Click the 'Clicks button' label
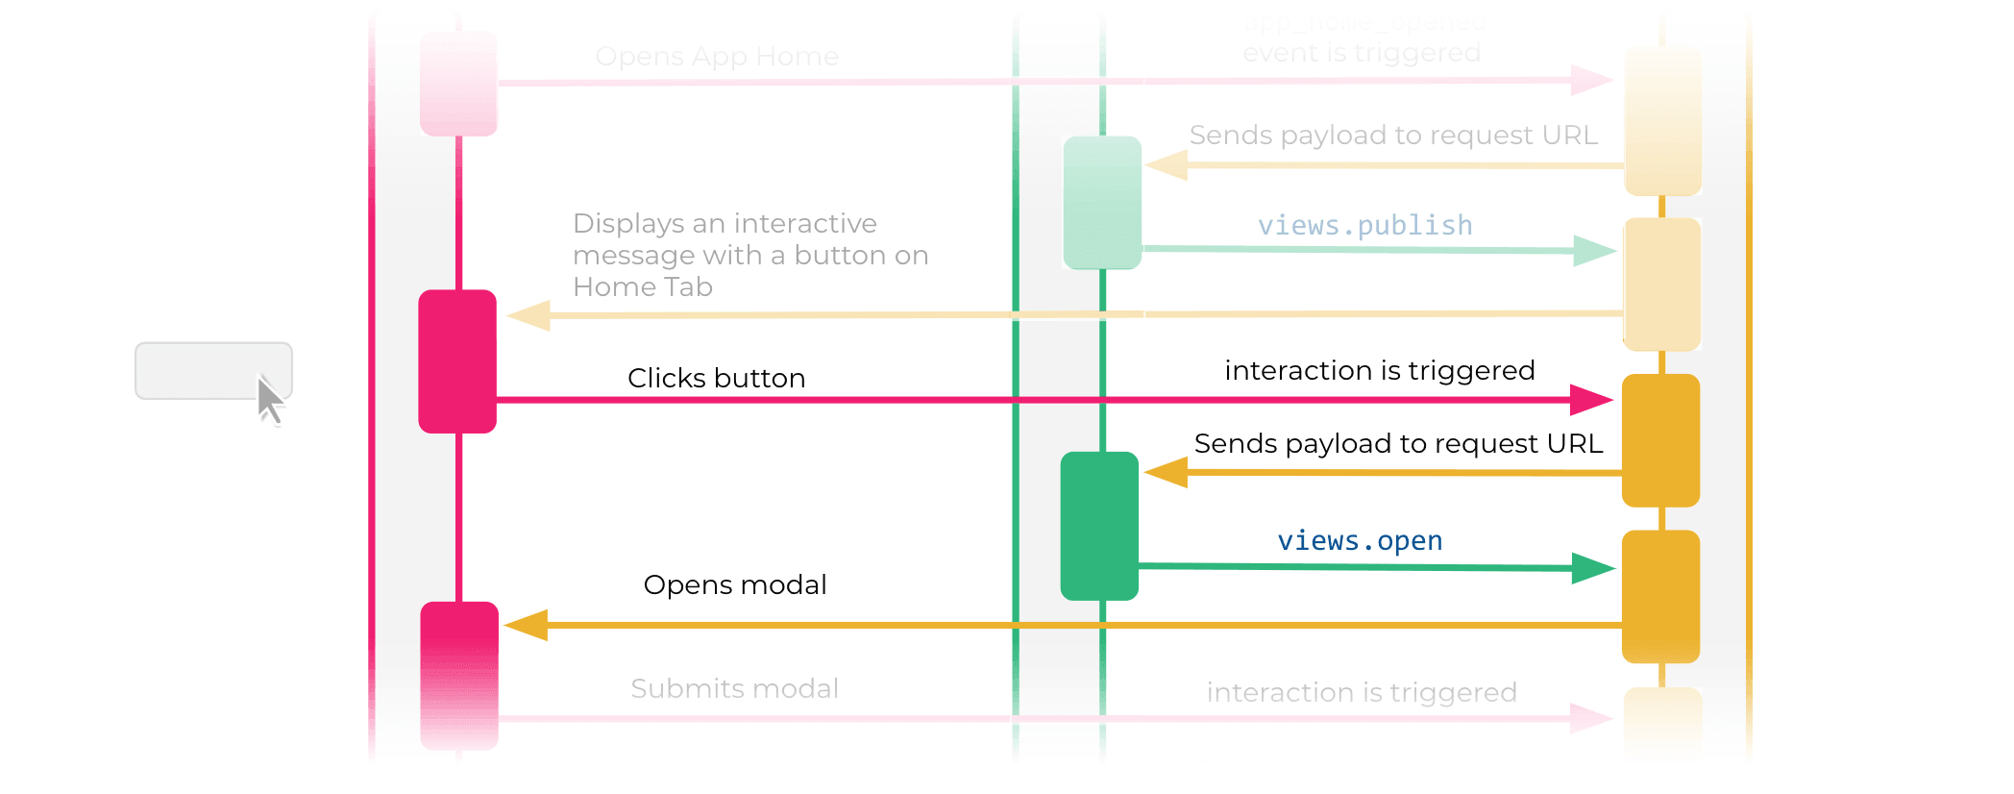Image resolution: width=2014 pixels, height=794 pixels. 716,378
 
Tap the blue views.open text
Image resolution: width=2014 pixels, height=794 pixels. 1360,541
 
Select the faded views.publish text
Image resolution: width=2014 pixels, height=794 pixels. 1364,226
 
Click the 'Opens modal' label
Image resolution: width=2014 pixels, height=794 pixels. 735,584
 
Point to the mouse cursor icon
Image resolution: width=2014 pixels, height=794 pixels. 270,400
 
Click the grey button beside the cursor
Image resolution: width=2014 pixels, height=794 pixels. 202,370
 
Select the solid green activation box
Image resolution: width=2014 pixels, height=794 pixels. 1099,526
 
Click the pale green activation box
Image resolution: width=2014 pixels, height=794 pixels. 1102,202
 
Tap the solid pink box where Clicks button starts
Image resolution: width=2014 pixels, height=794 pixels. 457,360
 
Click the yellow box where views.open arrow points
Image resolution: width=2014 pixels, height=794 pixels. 1660,596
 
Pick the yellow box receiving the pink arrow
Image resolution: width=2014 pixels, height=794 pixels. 1660,439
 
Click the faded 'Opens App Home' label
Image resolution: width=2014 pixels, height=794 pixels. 717,57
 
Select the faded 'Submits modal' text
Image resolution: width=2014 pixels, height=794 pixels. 735,688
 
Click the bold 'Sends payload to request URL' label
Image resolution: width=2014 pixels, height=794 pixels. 1398,444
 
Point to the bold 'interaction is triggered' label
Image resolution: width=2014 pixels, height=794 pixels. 1380,371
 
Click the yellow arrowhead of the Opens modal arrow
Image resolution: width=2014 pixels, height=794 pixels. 527,625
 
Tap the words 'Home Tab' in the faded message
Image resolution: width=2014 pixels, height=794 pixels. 642,287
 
